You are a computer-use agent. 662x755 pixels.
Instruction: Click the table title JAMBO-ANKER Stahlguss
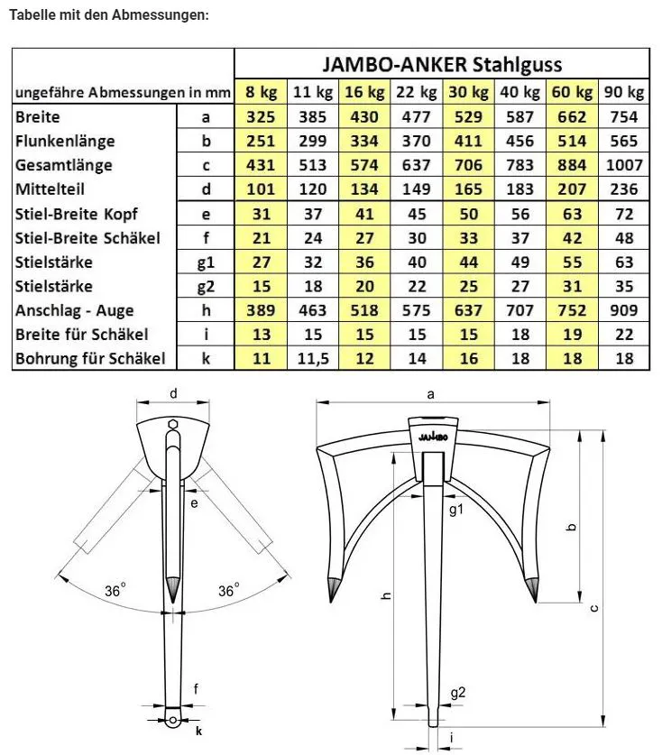pos(442,65)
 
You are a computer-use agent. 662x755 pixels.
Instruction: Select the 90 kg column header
pos(623,92)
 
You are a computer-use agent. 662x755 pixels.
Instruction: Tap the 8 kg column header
pos(261,92)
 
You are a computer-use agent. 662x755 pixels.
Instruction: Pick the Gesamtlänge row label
pos(64,165)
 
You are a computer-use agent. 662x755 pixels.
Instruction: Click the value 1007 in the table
pos(623,165)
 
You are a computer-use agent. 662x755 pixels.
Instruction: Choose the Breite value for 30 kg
pos(468,116)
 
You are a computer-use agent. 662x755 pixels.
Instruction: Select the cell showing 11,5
pos(312,358)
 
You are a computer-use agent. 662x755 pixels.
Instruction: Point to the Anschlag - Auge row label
pos(75,309)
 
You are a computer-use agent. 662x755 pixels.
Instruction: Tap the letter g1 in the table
pos(206,262)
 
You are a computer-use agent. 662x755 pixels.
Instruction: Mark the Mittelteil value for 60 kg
pos(572,189)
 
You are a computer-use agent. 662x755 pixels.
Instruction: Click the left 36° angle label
pos(115,591)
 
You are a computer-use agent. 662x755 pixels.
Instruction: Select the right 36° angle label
pos(229,591)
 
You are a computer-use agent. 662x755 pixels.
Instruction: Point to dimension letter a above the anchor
pos(430,394)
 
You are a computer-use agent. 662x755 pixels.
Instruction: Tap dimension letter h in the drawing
pos(386,596)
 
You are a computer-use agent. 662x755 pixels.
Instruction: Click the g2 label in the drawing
pos(459,693)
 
